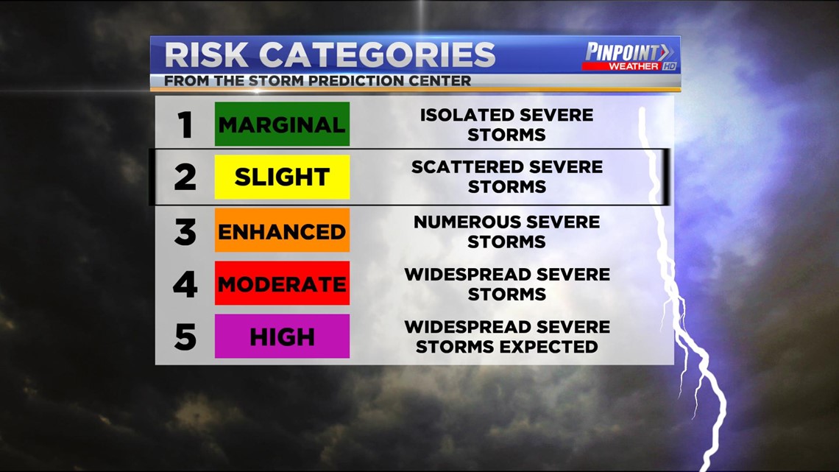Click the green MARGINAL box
point(282,124)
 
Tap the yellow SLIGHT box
point(282,177)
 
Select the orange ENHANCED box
point(282,230)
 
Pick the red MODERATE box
point(282,283)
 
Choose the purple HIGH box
point(282,336)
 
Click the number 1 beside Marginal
point(185,124)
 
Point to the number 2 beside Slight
point(185,177)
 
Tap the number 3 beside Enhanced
point(185,232)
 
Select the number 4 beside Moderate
point(185,284)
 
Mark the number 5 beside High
point(185,337)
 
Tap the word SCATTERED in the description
point(464,167)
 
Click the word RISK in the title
point(207,54)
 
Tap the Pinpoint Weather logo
point(630,57)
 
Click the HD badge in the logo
point(670,66)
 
